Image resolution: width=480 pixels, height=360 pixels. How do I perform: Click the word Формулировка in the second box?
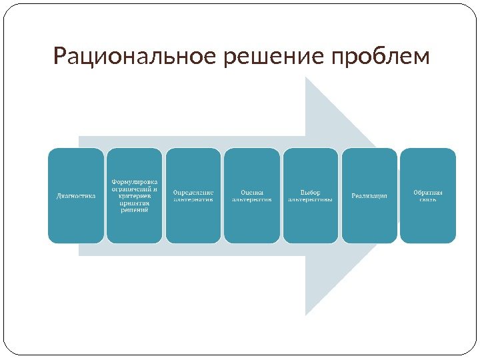[x=134, y=181]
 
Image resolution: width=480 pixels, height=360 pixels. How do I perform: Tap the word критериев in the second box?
[x=134, y=195]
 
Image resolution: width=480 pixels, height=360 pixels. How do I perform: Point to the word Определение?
[x=193, y=192]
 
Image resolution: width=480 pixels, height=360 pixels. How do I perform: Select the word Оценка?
[x=252, y=192]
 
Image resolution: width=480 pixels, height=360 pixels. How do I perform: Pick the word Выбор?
[x=311, y=192]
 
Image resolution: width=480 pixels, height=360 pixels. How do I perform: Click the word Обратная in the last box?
[x=428, y=192]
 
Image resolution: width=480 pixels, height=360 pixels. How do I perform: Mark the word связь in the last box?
[x=428, y=199]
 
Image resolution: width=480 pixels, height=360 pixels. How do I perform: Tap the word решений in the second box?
[x=134, y=210]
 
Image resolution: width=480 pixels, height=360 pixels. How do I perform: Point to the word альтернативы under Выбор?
[x=311, y=199]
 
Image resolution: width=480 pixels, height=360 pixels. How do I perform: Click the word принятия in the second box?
[x=134, y=203]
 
